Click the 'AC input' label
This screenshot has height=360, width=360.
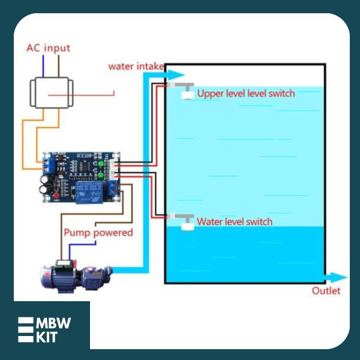click(x=48, y=48)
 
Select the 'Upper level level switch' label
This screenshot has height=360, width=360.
click(x=246, y=94)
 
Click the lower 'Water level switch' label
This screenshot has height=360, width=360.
click(x=235, y=222)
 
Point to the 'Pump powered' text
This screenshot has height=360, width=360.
click(x=98, y=232)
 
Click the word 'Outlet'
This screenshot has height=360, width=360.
click(x=326, y=291)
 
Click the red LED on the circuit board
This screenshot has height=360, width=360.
click(x=56, y=197)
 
